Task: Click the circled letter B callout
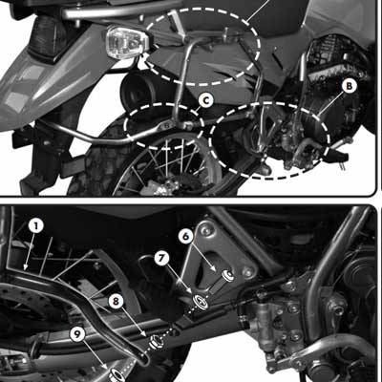349,86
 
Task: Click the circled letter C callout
206,99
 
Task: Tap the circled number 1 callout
35,226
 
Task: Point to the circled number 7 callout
162,258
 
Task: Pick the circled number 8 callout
116,301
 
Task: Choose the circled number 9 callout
76,334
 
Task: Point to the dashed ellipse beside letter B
270,138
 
